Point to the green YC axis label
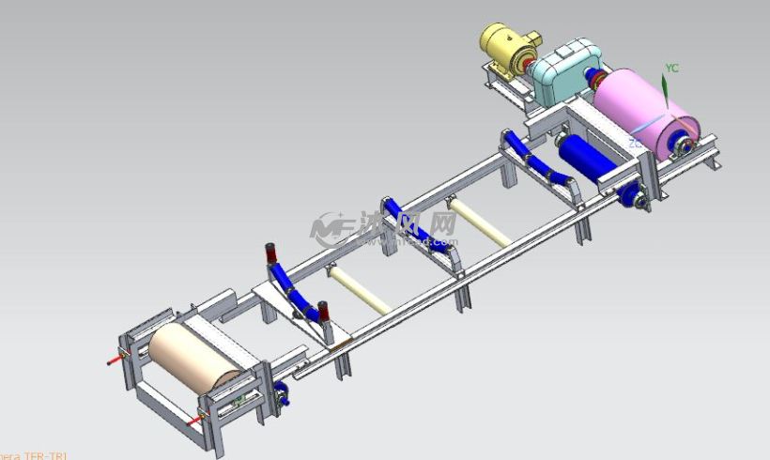point(671,69)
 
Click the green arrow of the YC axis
point(665,90)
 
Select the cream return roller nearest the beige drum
point(357,288)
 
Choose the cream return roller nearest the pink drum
point(479,222)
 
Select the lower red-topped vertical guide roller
point(323,311)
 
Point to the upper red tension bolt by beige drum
point(116,358)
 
